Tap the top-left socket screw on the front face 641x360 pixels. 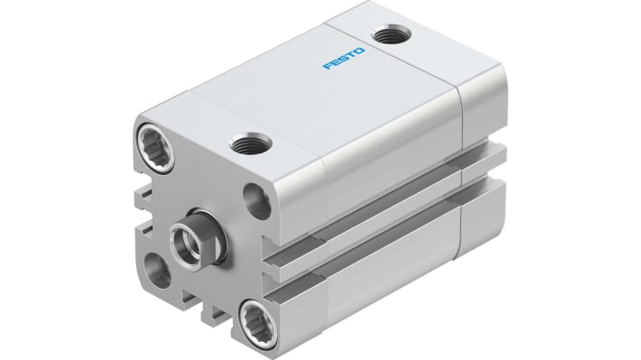(x=149, y=143)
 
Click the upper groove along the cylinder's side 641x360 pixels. (x=379, y=199)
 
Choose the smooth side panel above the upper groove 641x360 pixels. (x=379, y=144)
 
